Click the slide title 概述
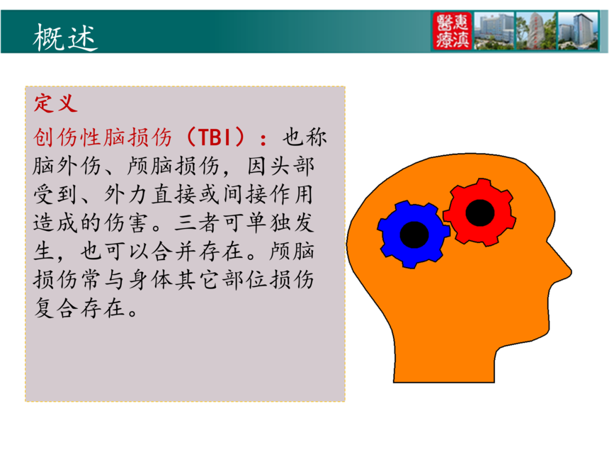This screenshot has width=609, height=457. pyautogui.click(x=65, y=38)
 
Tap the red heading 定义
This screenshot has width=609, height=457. pyautogui.click(x=55, y=103)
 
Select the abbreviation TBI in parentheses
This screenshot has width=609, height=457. pyautogui.click(x=215, y=137)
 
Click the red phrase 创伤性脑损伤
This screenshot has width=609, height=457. pyautogui.click(x=103, y=137)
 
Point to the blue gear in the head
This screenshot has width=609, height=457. pyautogui.click(x=414, y=235)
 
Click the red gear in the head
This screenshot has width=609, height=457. pyautogui.click(x=480, y=212)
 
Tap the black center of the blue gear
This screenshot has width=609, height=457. pyautogui.click(x=414, y=235)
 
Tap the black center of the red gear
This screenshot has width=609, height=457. pyautogui.click(x=480, y=213)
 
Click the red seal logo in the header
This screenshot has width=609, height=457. pyautogui.click(x=452, y=30)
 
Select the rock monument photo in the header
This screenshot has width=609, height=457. pyautogui.click(x=536, y=30)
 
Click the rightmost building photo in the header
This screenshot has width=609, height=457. pyautogui.click(x=578, y=30)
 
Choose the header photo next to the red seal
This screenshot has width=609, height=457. pyautogui.click(x=494, y=30)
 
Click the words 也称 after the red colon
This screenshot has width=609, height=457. pyautogui.click(x=305, y=137)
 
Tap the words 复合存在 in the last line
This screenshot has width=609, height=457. pyautogui.click(x=79, y=308)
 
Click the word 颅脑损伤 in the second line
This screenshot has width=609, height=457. pyautogui.click(x=173, y=166)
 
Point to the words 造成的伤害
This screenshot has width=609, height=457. pyautogui.click(x=91, y=222)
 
